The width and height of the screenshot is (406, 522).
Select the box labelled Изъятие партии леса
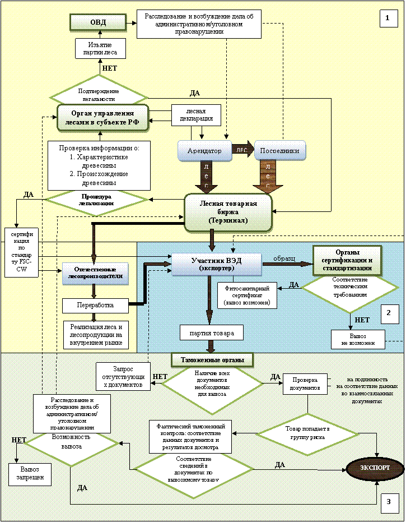tap(100, 49)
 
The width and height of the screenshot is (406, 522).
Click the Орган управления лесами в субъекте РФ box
tap(102, 118)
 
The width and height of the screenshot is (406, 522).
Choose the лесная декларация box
tap(195, 114)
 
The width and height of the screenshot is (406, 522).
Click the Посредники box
tap(280, 151)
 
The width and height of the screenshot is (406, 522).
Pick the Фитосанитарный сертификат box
tap(247, 295)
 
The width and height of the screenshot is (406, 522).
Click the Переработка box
tap(95, 306)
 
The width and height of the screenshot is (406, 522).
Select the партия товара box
tap(211, 332)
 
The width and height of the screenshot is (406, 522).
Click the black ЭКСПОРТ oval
tap(375, 468)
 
